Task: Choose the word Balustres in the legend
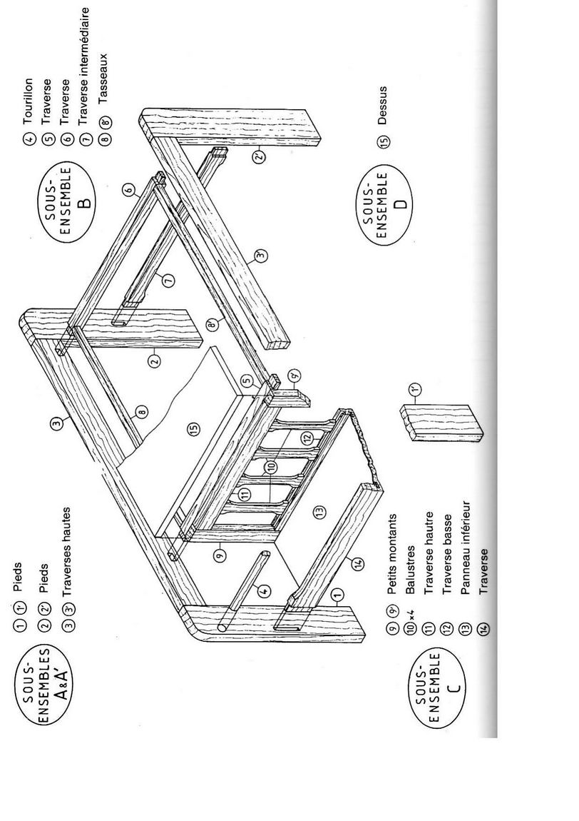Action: tap(410, 570)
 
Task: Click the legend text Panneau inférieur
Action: tap(466, 548)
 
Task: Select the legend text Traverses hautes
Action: tap(67, 552)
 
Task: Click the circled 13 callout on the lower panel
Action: tap(320, 510)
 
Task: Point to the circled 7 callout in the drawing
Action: tap(168, 280)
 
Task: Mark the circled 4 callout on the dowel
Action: tap(265, 590)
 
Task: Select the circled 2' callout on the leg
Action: tap(259, 155)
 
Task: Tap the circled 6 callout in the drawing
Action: tap(128, 191)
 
